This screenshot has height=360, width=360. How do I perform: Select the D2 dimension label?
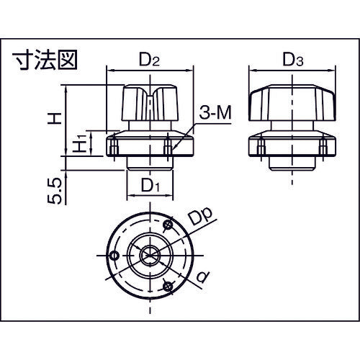150,60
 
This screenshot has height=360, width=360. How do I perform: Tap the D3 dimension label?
292,60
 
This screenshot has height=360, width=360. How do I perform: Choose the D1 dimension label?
150,186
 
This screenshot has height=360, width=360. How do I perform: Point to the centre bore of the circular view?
150,254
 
